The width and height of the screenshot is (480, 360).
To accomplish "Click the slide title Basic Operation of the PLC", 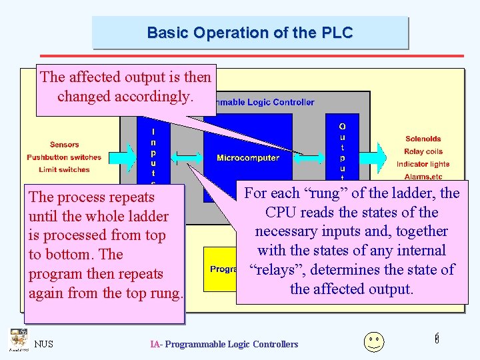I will pyautogui.click(x=249, y=33).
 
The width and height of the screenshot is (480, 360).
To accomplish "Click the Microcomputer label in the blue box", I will pyautogui.click(x=247, y=158).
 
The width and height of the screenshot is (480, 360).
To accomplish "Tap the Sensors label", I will pyautogui.click(x=65, y=145).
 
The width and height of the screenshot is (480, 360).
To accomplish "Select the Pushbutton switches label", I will pyautogui.click(x=64, y=157).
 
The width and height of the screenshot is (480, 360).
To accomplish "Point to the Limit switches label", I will pyautogui.click(x=64, y=170).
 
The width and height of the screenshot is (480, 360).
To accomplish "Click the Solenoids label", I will pyautogui.click(x=423, y=139).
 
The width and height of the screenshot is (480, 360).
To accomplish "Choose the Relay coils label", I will pyautogui.click(x=423, y=151).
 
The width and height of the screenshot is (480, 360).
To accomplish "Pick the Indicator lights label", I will pyautogui.click(x=423, y=164).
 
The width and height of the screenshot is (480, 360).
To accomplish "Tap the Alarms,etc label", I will pyautogui.click(x=423, y=177).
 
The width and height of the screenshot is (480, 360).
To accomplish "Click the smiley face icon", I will pyautogui.click(x=373, y=341).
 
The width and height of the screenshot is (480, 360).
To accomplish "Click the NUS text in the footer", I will pyautogui.click(x=44, y=344).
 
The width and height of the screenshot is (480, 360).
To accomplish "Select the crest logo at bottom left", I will pyautogui.click(x=18, y=339).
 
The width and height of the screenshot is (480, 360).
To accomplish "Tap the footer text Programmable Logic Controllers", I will pyautogui.click(x=224, y=344).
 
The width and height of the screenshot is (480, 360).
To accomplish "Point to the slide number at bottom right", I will pyautogui.click(x=437, y=339).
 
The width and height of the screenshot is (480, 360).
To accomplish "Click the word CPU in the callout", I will pyautogui.click(x=283, y=213).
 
